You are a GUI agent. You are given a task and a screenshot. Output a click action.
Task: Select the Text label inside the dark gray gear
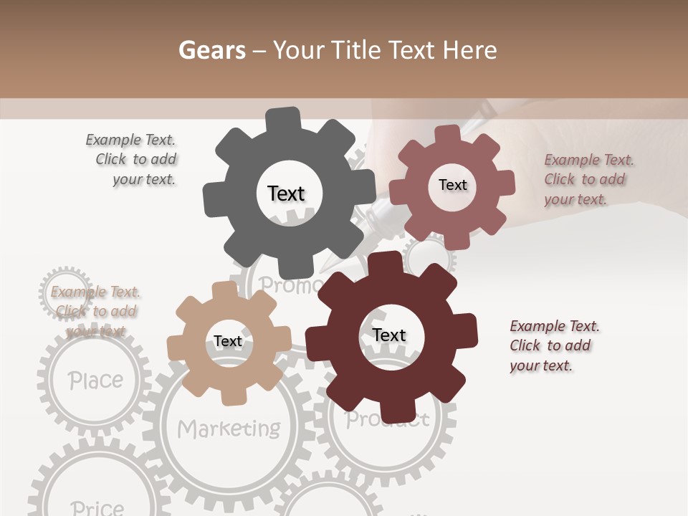point(286,193)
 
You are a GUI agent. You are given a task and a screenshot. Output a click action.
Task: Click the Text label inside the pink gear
point(452,185)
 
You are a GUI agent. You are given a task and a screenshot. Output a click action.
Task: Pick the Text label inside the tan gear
point(228,341)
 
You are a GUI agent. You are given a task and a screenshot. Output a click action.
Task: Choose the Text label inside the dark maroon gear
point(388,335)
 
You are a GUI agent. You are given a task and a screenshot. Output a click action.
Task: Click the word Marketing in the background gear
point(229,429)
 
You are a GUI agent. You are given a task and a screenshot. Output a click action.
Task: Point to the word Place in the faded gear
point(95,380)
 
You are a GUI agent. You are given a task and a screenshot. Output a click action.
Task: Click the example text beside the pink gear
point(588,180)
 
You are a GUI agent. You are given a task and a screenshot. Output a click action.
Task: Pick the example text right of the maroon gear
point(554,345)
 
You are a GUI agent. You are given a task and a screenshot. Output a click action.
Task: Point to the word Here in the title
point(470,50)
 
